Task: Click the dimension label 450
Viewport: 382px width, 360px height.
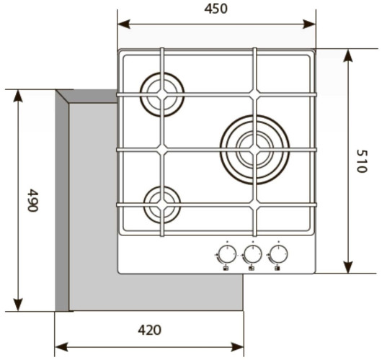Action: click(x=216, y=9)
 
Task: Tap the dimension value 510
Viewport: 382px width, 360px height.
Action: click(x=361, y=161)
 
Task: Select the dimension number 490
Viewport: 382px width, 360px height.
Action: click(x=32, y=200)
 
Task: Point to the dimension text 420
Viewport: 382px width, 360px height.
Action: click(x=150, y=330)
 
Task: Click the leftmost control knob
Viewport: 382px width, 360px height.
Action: click(x=227, y=254)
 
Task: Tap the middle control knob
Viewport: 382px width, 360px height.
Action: click(x=253, y=254)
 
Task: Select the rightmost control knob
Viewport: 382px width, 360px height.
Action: click(x=278, y=254)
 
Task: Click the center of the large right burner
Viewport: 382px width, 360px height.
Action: click(x=255, y=150)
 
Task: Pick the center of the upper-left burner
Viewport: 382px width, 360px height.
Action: click(x=162, y=94)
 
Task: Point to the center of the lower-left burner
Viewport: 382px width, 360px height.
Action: click(x=162, y=204)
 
